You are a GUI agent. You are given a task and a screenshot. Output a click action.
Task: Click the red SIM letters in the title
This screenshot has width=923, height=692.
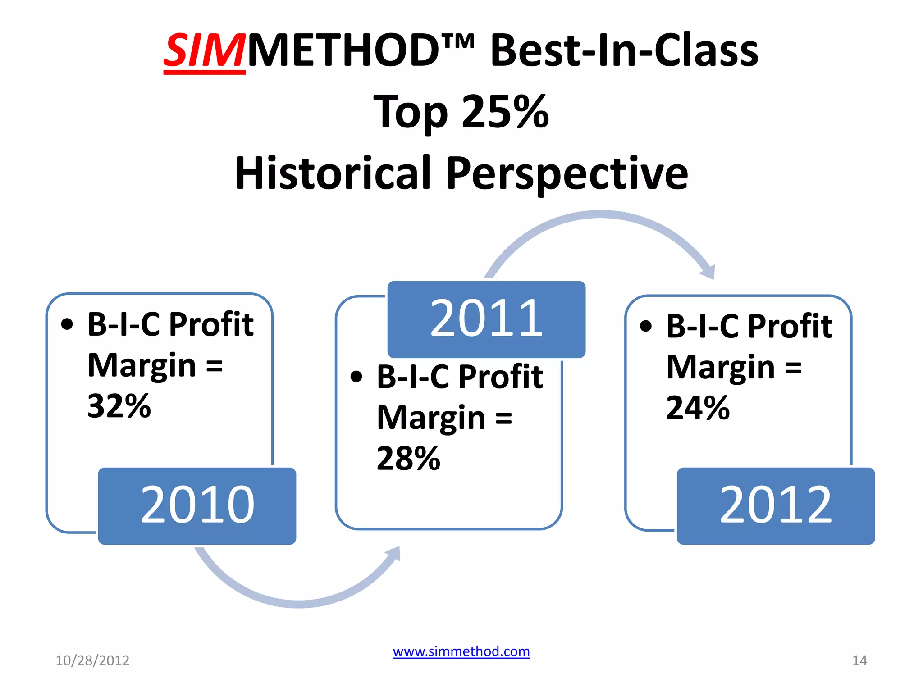coord(204,50)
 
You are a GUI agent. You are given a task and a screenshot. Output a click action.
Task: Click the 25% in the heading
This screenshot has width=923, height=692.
coord(505,111)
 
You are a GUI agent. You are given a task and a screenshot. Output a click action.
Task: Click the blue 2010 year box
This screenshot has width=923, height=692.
coord(197,505)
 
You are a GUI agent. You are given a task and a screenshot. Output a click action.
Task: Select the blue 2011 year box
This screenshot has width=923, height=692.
coord(486,319)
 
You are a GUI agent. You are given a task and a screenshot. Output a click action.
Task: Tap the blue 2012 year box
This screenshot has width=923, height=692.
coord(776,505)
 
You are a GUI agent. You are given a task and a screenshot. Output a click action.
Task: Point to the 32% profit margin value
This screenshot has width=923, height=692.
coord(119,406)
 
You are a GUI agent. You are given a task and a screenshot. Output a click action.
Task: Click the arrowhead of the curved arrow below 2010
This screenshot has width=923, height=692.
coord(394,553)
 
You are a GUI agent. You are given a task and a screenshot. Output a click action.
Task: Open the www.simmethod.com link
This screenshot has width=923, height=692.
coord(461,651)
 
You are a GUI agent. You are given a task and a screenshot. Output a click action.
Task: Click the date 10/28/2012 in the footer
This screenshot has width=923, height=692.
coord(92,660)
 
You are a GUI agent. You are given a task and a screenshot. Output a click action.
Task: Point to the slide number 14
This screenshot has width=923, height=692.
coord(859,660)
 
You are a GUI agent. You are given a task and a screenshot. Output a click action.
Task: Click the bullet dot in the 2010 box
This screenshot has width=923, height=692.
coord(67,324)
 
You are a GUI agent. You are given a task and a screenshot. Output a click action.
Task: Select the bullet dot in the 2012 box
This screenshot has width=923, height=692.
coord(646,326)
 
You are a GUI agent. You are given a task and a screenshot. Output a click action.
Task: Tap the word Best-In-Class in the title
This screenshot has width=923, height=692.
coord(624,50)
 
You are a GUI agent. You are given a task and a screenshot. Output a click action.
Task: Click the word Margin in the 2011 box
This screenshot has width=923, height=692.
coord(431,418)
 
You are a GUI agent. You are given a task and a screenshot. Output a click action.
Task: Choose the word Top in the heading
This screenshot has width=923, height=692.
coord(411,112)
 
